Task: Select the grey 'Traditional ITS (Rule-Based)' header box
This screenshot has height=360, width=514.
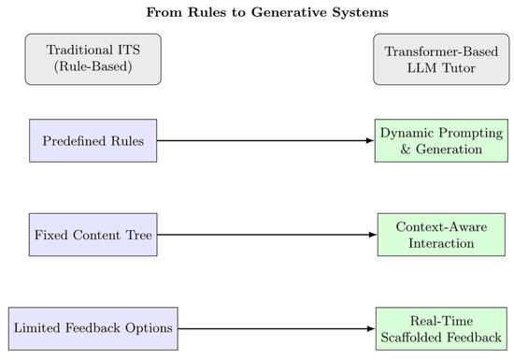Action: coord(92,59)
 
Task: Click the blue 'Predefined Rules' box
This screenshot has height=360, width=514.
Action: coord(92,141)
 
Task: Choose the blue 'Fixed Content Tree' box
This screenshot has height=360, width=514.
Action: coord(92,235)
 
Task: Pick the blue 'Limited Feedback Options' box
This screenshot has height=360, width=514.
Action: coord(92,329)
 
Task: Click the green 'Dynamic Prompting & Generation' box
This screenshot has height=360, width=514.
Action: coord(440,141)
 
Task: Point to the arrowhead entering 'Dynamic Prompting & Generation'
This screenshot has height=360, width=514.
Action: coord(369,141)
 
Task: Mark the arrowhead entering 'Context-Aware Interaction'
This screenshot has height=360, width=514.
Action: coord(372,235)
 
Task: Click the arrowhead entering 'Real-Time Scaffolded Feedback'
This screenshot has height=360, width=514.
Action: coord(370,329)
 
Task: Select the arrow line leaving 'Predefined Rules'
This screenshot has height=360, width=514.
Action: coord(262,141)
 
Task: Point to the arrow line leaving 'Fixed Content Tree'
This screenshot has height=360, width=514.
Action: coord(262,235)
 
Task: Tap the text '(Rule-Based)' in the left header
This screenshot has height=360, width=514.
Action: coord(92,67)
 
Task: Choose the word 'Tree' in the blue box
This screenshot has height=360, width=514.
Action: coord(137,235)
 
